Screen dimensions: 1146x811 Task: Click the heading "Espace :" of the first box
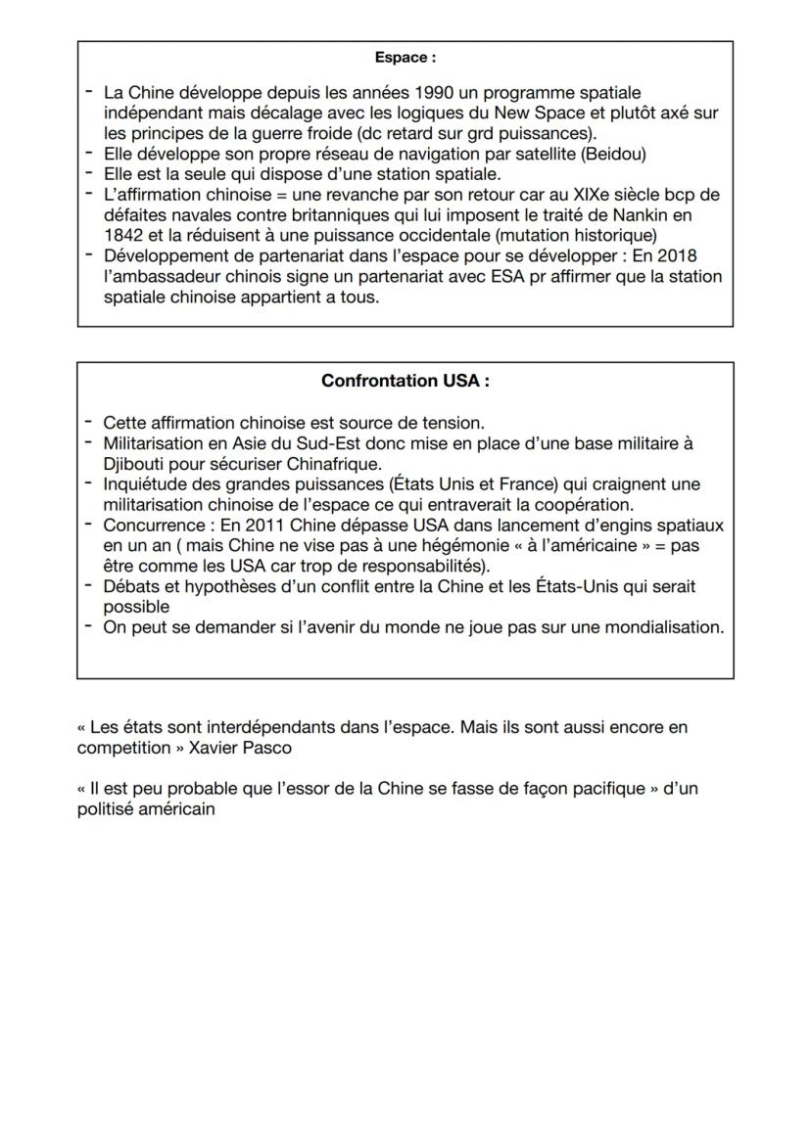[x=405, y=59]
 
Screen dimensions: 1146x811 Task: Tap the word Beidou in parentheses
[x=611, y=154]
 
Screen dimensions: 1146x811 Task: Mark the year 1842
[x=123, y=235]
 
